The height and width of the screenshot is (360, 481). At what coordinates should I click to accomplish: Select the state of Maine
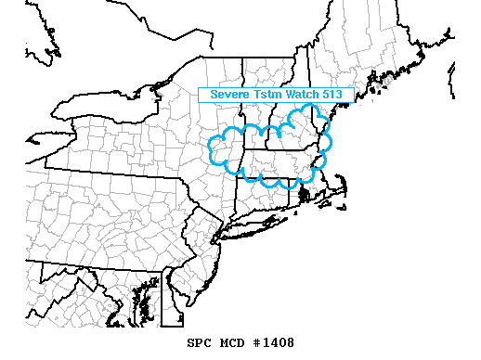[x=362, y=56]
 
